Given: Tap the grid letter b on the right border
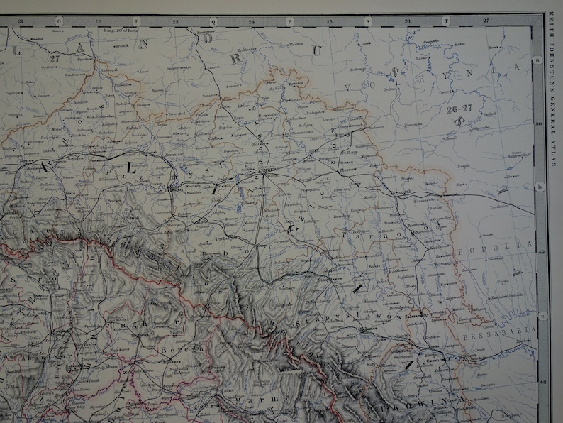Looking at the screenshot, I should click(x=540, y=187).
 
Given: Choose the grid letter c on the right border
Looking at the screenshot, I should click(x=540, y=317).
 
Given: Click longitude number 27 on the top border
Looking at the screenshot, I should click(x=486, y=21).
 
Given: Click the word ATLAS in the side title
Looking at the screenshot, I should click(x=553, y=155).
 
